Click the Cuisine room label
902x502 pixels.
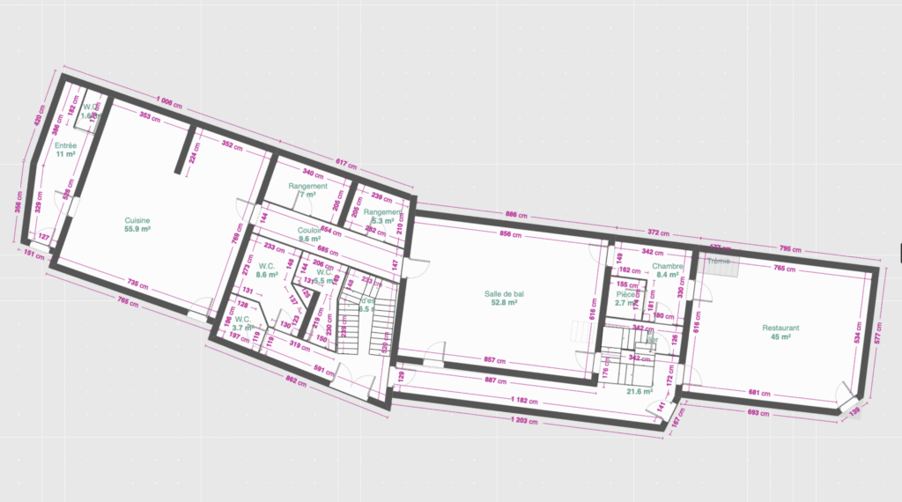pos(137,220)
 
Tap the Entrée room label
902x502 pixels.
pos(65,145)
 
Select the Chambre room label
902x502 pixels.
pos(668,266)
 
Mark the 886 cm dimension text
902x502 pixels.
pos(516,215)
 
